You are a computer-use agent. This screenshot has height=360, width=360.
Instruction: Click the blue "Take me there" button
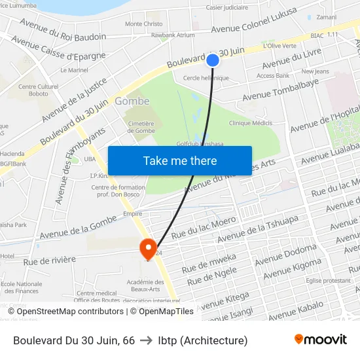click(180, 160)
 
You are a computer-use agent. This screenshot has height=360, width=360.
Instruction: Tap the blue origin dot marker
click(212, 60)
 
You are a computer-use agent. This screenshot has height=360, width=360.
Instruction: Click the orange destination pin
click(148, 248)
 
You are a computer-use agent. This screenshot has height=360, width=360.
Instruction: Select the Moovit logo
click(320, 340)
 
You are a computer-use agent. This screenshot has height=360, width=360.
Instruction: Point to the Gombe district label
click(132, 101)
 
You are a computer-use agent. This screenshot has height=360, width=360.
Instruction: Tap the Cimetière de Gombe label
click(140, 127)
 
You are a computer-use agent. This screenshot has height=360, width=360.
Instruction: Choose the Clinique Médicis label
click(251, 122)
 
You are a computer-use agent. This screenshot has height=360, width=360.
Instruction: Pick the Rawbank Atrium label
click(173, 35)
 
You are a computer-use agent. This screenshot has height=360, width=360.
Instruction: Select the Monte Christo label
click(144, 24)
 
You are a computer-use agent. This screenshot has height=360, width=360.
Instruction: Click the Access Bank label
click(273, 75)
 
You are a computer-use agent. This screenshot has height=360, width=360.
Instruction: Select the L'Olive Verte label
click(279, 46)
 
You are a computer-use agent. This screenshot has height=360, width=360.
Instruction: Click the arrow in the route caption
click(147, 340)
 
